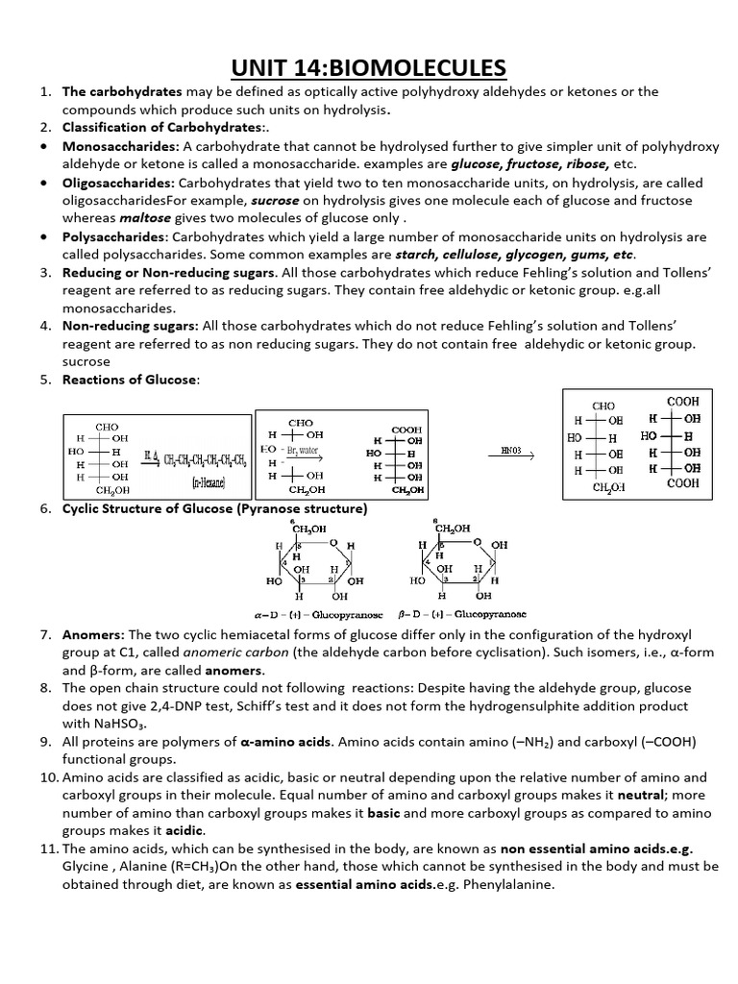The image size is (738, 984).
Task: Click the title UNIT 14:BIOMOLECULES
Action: [370, 67]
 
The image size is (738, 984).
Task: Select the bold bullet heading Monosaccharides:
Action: [121, 146]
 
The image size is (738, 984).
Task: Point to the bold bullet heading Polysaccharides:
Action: [116, 236]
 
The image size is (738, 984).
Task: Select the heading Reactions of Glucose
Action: [131, 380]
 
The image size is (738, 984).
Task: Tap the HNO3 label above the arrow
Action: [512, 449]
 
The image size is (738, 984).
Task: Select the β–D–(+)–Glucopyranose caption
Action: [462, 613]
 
